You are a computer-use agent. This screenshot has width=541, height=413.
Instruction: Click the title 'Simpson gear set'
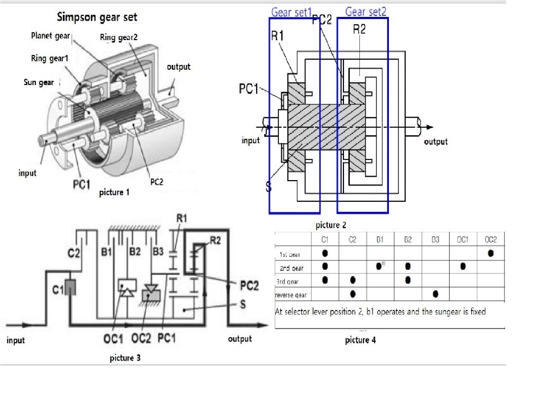click(x=97, y=17)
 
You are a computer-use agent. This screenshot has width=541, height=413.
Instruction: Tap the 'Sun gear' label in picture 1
click(x=39, y=82)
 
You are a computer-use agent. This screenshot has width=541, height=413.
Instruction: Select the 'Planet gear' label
click(x=50, y=35)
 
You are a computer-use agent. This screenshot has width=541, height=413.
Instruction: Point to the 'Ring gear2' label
click(x=119, y=37)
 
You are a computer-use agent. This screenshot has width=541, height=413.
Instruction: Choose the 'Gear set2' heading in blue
click(x=366, y=12)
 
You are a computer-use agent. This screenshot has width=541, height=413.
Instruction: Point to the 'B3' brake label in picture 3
click(x=158, y=251)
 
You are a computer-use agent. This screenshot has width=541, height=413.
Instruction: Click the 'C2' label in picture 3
click(x=74, y=253)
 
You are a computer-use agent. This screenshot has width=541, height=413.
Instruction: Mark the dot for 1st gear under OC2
click(x=491, y=253)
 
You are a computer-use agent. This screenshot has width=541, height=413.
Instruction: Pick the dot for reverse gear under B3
click(x=435, y=294)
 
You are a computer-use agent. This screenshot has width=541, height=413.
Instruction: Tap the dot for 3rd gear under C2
click(x=352, y=280)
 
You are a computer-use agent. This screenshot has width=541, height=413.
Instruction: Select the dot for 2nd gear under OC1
click(x=463, y=266)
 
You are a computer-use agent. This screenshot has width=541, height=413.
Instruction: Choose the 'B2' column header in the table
click(x=407, y=240)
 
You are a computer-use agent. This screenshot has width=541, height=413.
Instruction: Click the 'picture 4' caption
click(x=360, y=340)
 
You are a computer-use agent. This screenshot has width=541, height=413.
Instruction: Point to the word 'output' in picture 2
click(x=435, y=142)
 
